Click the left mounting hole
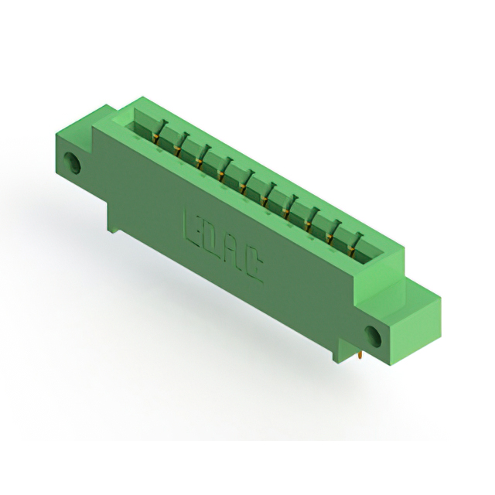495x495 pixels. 73,162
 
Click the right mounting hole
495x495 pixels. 374,335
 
